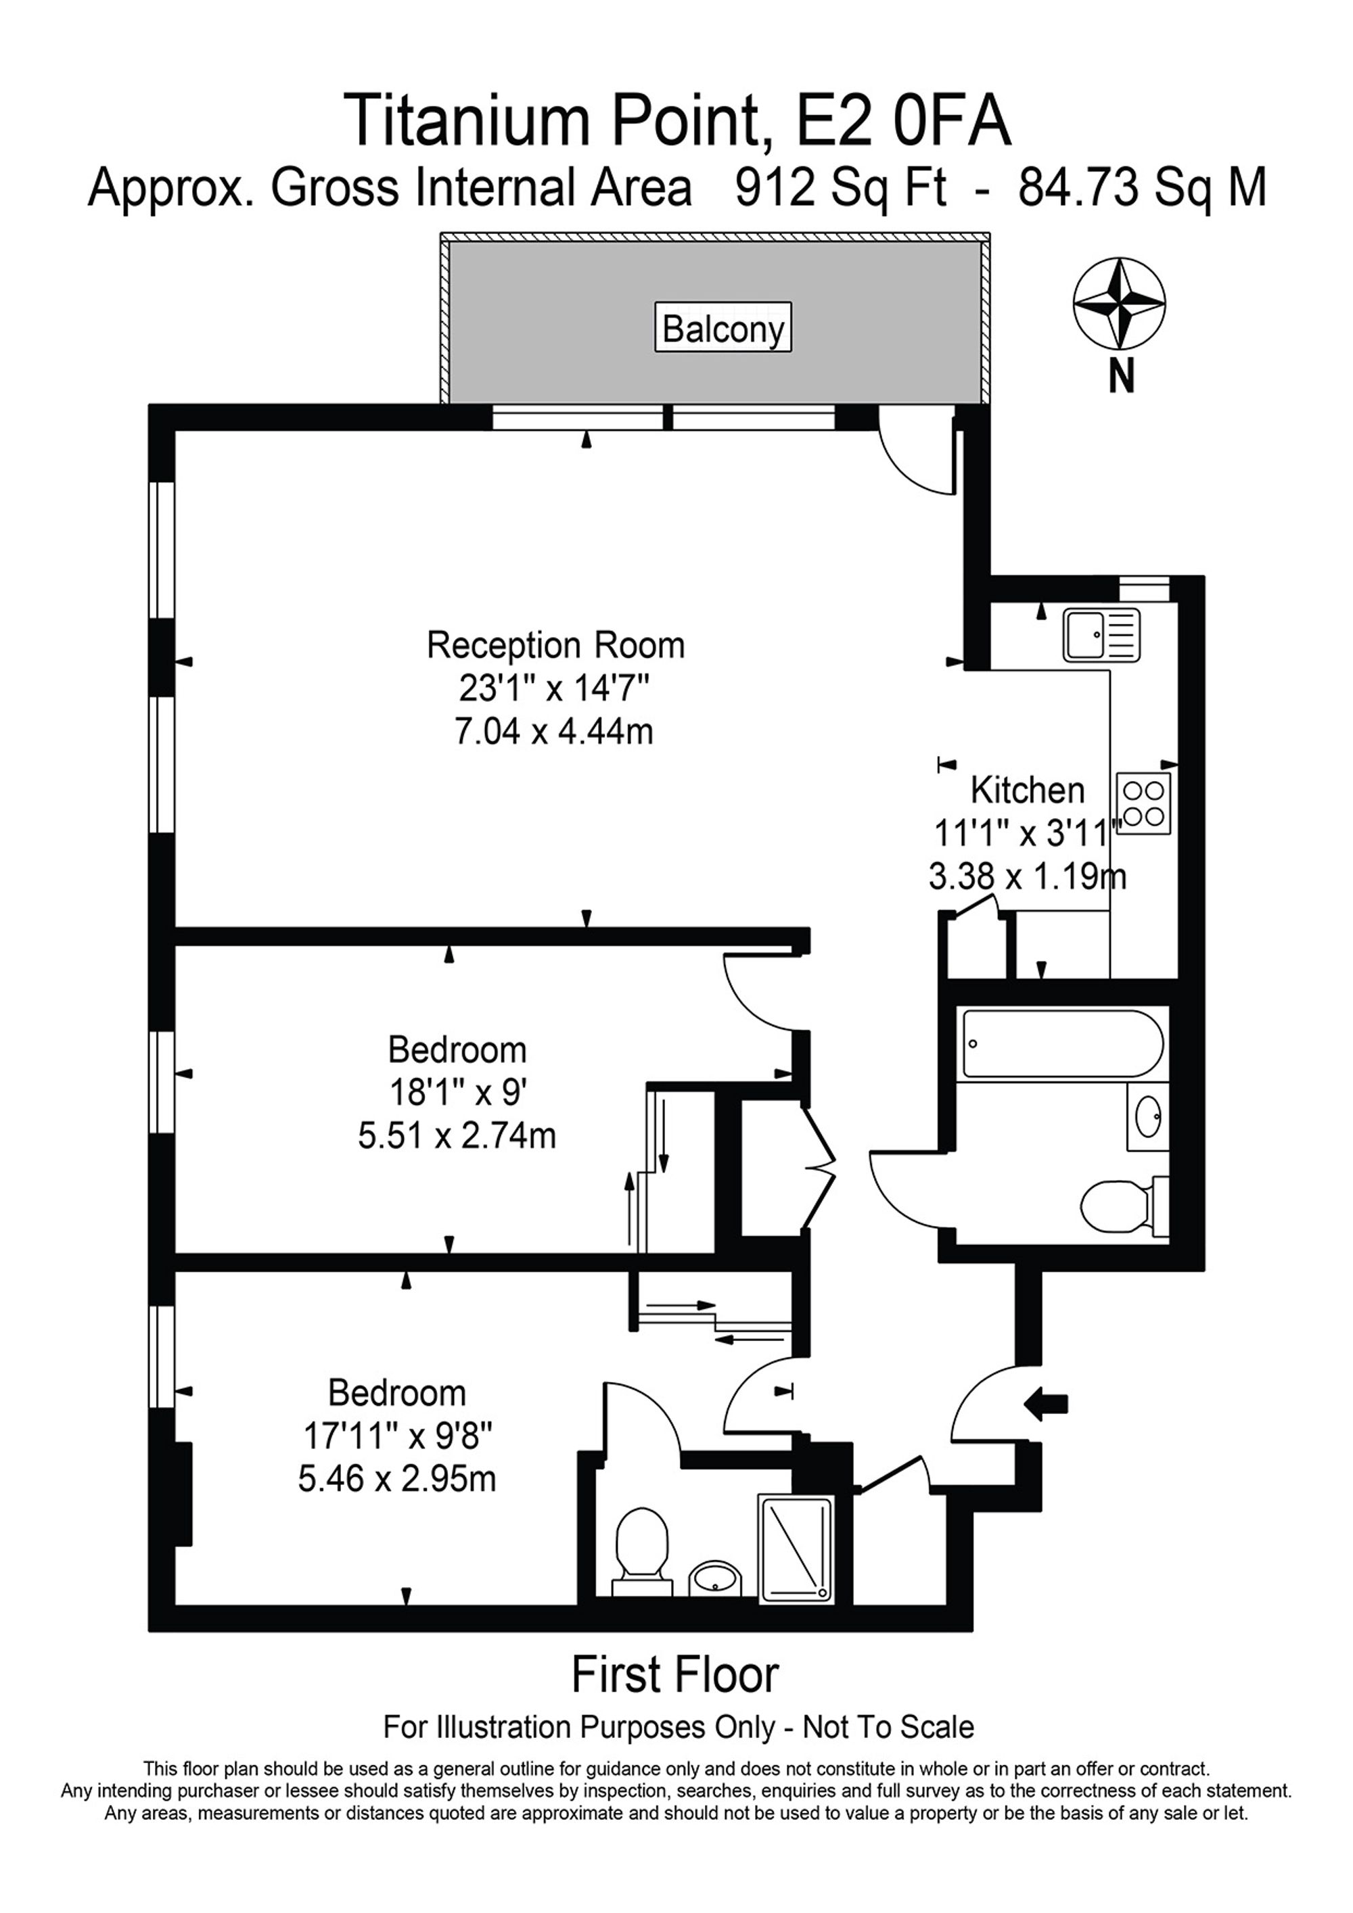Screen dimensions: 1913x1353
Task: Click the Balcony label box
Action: pyautogui.click(x=722, y=329)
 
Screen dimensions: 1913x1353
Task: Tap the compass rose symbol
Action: pyautogui.click(x=1119, y=305)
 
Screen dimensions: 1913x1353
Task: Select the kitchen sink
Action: pyautogui.click(x=1101, y=635)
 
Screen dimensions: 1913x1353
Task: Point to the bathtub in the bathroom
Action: pyautogui.click(x=1062, y=1044)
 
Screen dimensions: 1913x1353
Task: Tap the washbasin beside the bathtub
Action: pyautogui.click(x=1148, y=1116)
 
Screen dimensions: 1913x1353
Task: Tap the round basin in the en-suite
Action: pyautogui.click(x=715, y=1577)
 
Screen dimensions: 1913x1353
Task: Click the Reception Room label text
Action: pyautogui.click(x=555, y=646)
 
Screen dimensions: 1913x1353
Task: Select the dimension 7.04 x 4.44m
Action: pyautogui.click(x=553, y=732)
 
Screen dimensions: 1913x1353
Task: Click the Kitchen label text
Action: pyautogui.click(x=1027, y=790)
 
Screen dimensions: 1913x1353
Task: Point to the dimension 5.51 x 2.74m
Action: pyautogui.click(x=457, y=1135)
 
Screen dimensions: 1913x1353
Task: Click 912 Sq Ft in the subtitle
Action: pyautogui.click(x=840, y=188)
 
